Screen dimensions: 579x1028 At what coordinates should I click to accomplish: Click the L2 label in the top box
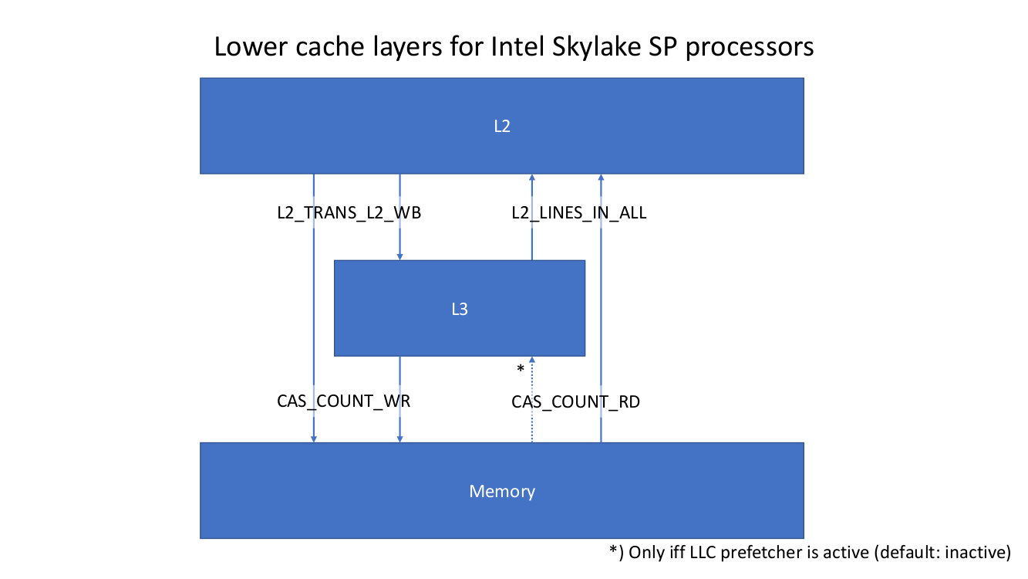pyautogui.click(x=501, y=127)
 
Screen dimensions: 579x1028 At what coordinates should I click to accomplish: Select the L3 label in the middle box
pyautogui.click(x=459, y=309)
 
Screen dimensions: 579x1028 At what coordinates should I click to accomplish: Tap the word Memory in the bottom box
pyautogui.click(x=501, y=491)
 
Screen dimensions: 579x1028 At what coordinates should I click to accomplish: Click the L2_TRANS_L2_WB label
pyautogui.click(x=349, y=213)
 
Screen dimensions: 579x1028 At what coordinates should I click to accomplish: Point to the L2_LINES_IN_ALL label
pyautogui.click(x=578, y=213)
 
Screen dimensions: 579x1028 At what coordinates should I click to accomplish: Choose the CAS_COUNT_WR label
pyautogui.click(x=342, y=401)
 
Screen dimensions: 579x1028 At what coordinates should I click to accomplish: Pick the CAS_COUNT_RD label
pyautogui.click(x=575, y=401)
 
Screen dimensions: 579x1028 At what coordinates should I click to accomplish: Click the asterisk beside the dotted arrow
pyautogui.click(x=521, y=370)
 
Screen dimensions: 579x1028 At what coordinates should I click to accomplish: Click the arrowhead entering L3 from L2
pyautogui.click(x=399, y=256)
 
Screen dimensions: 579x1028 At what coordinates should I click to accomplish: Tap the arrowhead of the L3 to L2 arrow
pyautogui.click(x=531, y=178)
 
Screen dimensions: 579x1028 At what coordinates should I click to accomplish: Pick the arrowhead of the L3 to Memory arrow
pyautogui.click(x=399, y=438)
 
